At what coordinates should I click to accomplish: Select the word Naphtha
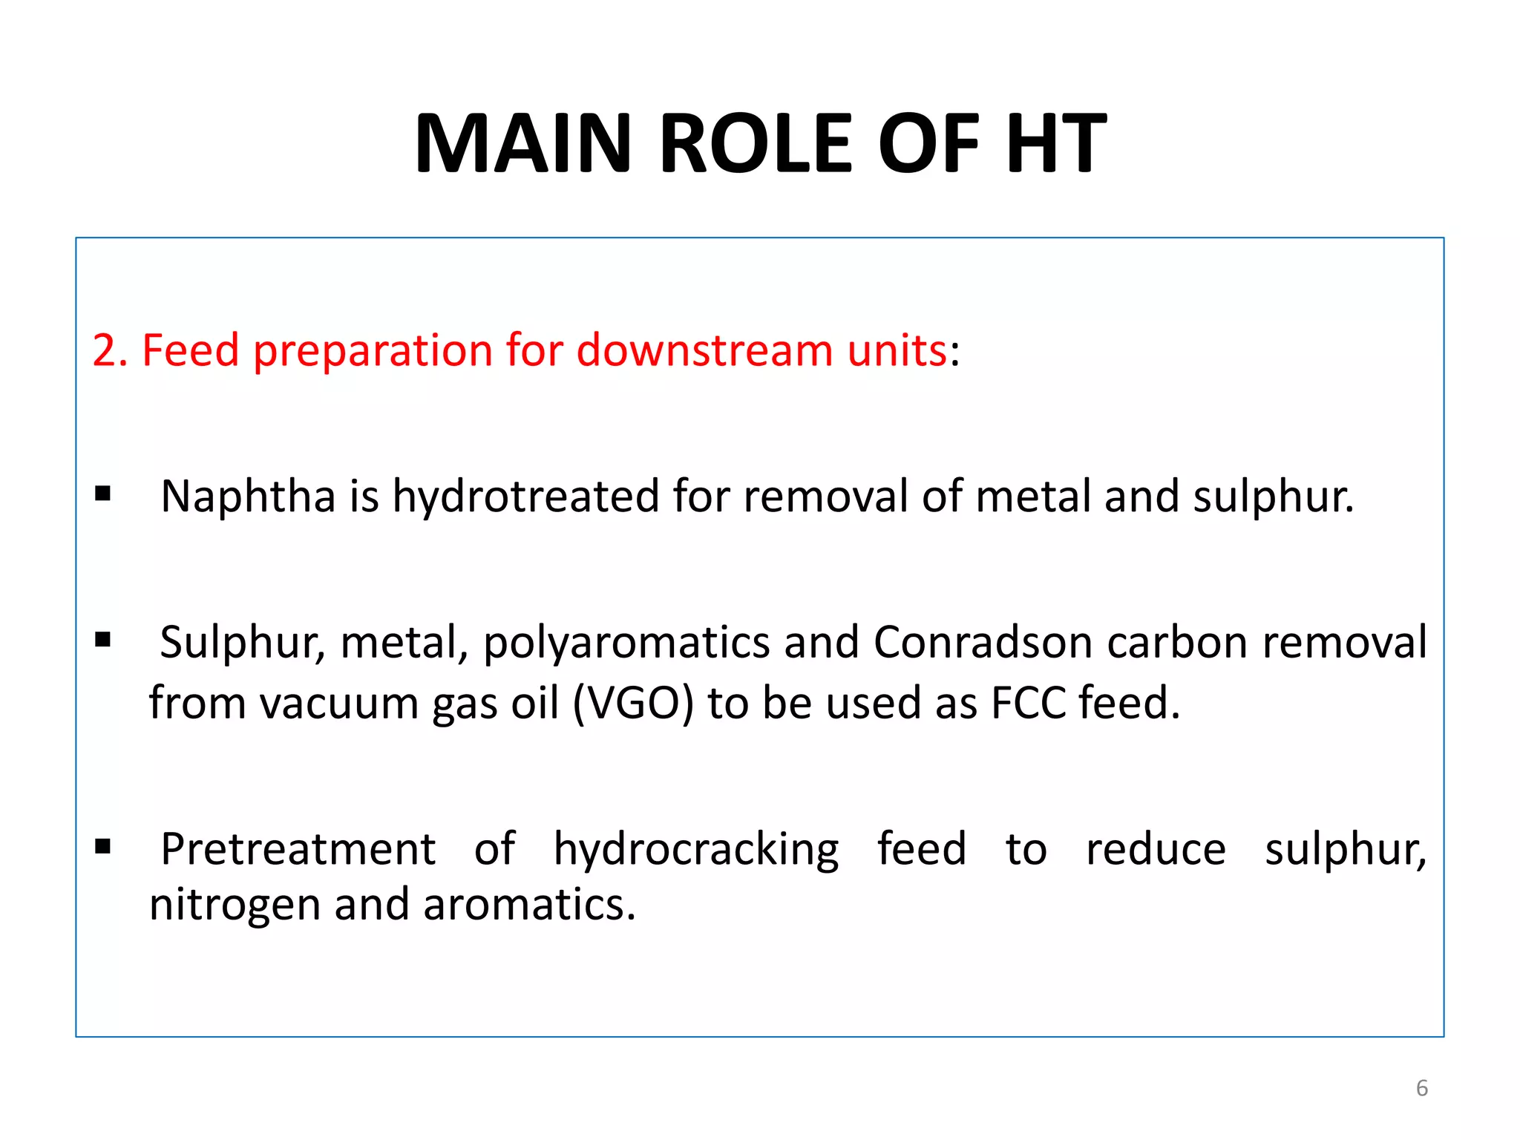[x=248, y=496]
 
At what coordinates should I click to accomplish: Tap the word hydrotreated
[x=525, y=496]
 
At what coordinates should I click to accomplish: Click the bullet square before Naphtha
[x=103, y=494]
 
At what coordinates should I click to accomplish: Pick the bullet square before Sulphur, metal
[x=103, y=639]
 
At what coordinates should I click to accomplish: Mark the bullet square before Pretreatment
[x=103, y=845]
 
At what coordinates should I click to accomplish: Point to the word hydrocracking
[x=696, y=850]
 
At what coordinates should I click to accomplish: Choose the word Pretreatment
[x=298, y=849]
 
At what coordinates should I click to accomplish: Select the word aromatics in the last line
[x=529, y=905]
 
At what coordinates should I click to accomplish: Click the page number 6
[x=1421, y=1088]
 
